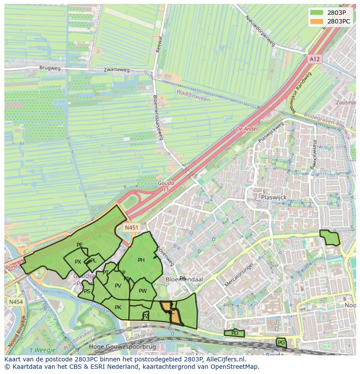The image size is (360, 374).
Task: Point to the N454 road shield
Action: click(x=16, y=301)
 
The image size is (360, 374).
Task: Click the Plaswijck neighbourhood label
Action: click(x=273, y=197)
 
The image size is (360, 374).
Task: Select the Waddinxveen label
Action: click(x=193, y=96)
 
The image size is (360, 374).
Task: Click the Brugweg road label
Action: click(x=50, y=68)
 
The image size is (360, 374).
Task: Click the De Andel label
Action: click(x=247, y=129)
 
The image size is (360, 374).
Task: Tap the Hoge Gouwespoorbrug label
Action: click(x=116, y=347)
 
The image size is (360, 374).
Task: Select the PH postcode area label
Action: click(x=141, y=260)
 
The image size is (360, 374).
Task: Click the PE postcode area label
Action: click(x=80, y=245)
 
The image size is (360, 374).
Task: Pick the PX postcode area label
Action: click(x=78, y=262)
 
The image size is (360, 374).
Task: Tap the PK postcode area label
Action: click(x=118, y=308)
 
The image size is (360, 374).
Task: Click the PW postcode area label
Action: click(x=143, y=291)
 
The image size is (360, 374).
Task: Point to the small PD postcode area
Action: click(x=234, y=333)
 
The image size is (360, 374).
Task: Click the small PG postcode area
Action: click(x=281, y=343)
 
